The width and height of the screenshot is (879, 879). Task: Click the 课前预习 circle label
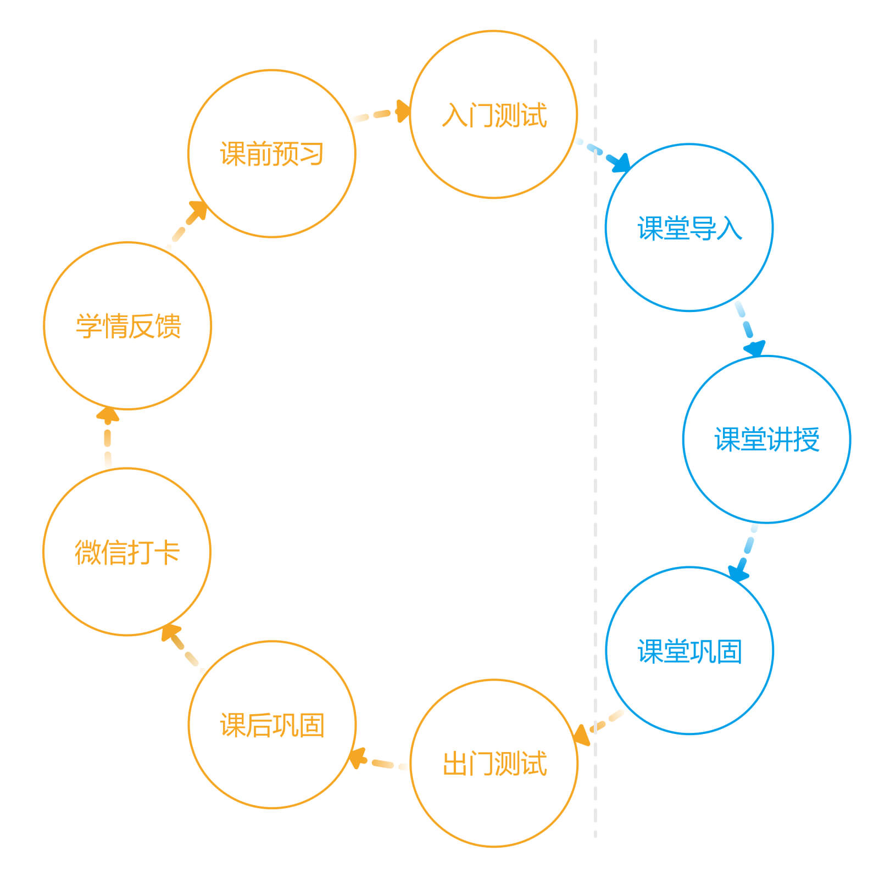click(x=272, y=154)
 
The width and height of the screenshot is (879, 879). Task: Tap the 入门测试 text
click(x=494, y=115)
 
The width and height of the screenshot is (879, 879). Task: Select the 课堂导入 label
click(x=689, y=228)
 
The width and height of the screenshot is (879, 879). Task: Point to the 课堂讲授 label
click(x=767, y=439)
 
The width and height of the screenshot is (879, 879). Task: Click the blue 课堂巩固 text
click(x=689, y=651)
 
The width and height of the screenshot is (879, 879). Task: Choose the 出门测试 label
click(x=494, y=764)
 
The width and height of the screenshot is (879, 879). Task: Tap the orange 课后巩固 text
click(x=272, y=725)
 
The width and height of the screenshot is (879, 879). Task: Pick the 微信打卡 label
click(x=127, y=552)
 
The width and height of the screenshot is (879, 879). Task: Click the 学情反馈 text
click(x=128, y=326)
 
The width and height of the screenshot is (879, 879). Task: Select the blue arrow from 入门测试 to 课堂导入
click(x=603, y=155)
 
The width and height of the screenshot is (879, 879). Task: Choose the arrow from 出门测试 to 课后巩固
click(x=378, y=761)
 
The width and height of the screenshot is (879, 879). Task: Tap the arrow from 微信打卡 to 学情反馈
click(x=108, y=437)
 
